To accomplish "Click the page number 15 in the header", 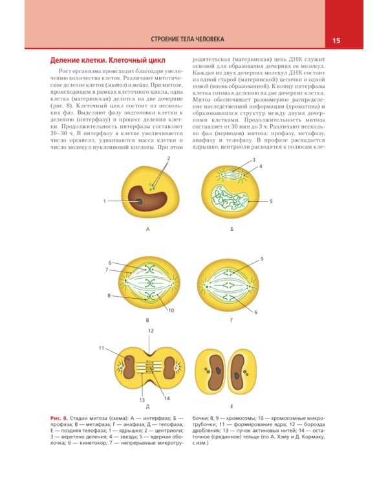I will (x=336, y=40).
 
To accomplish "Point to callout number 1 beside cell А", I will (x=104, y=202).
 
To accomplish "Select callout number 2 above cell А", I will (x=167, y=158).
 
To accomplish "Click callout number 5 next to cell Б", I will (x=271, y=201).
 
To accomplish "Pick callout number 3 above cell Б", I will (x=254, y=160).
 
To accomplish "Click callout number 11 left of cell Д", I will (x=102, y=349).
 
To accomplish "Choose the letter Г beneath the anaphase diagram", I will (x=232, y=319).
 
